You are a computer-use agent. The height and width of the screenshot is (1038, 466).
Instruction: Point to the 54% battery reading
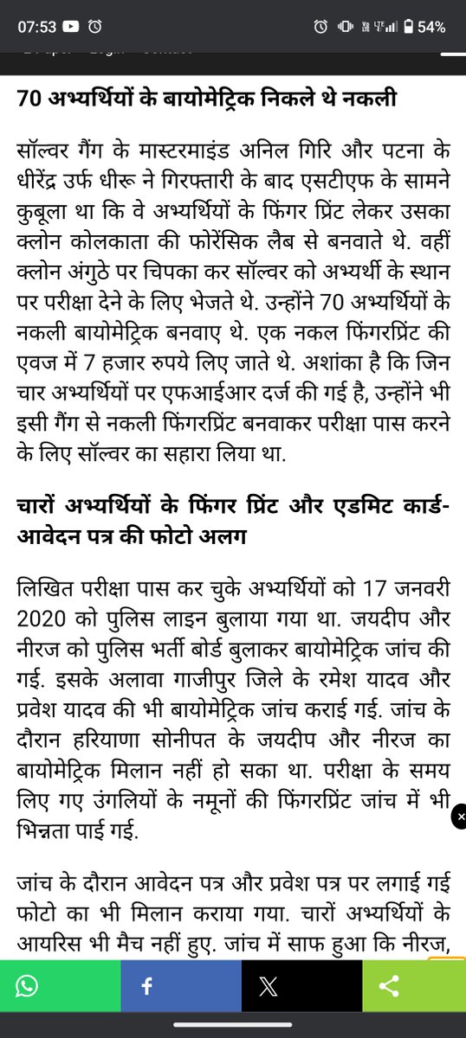click(431, 27)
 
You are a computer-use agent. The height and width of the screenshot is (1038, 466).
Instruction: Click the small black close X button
click(460, 817)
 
